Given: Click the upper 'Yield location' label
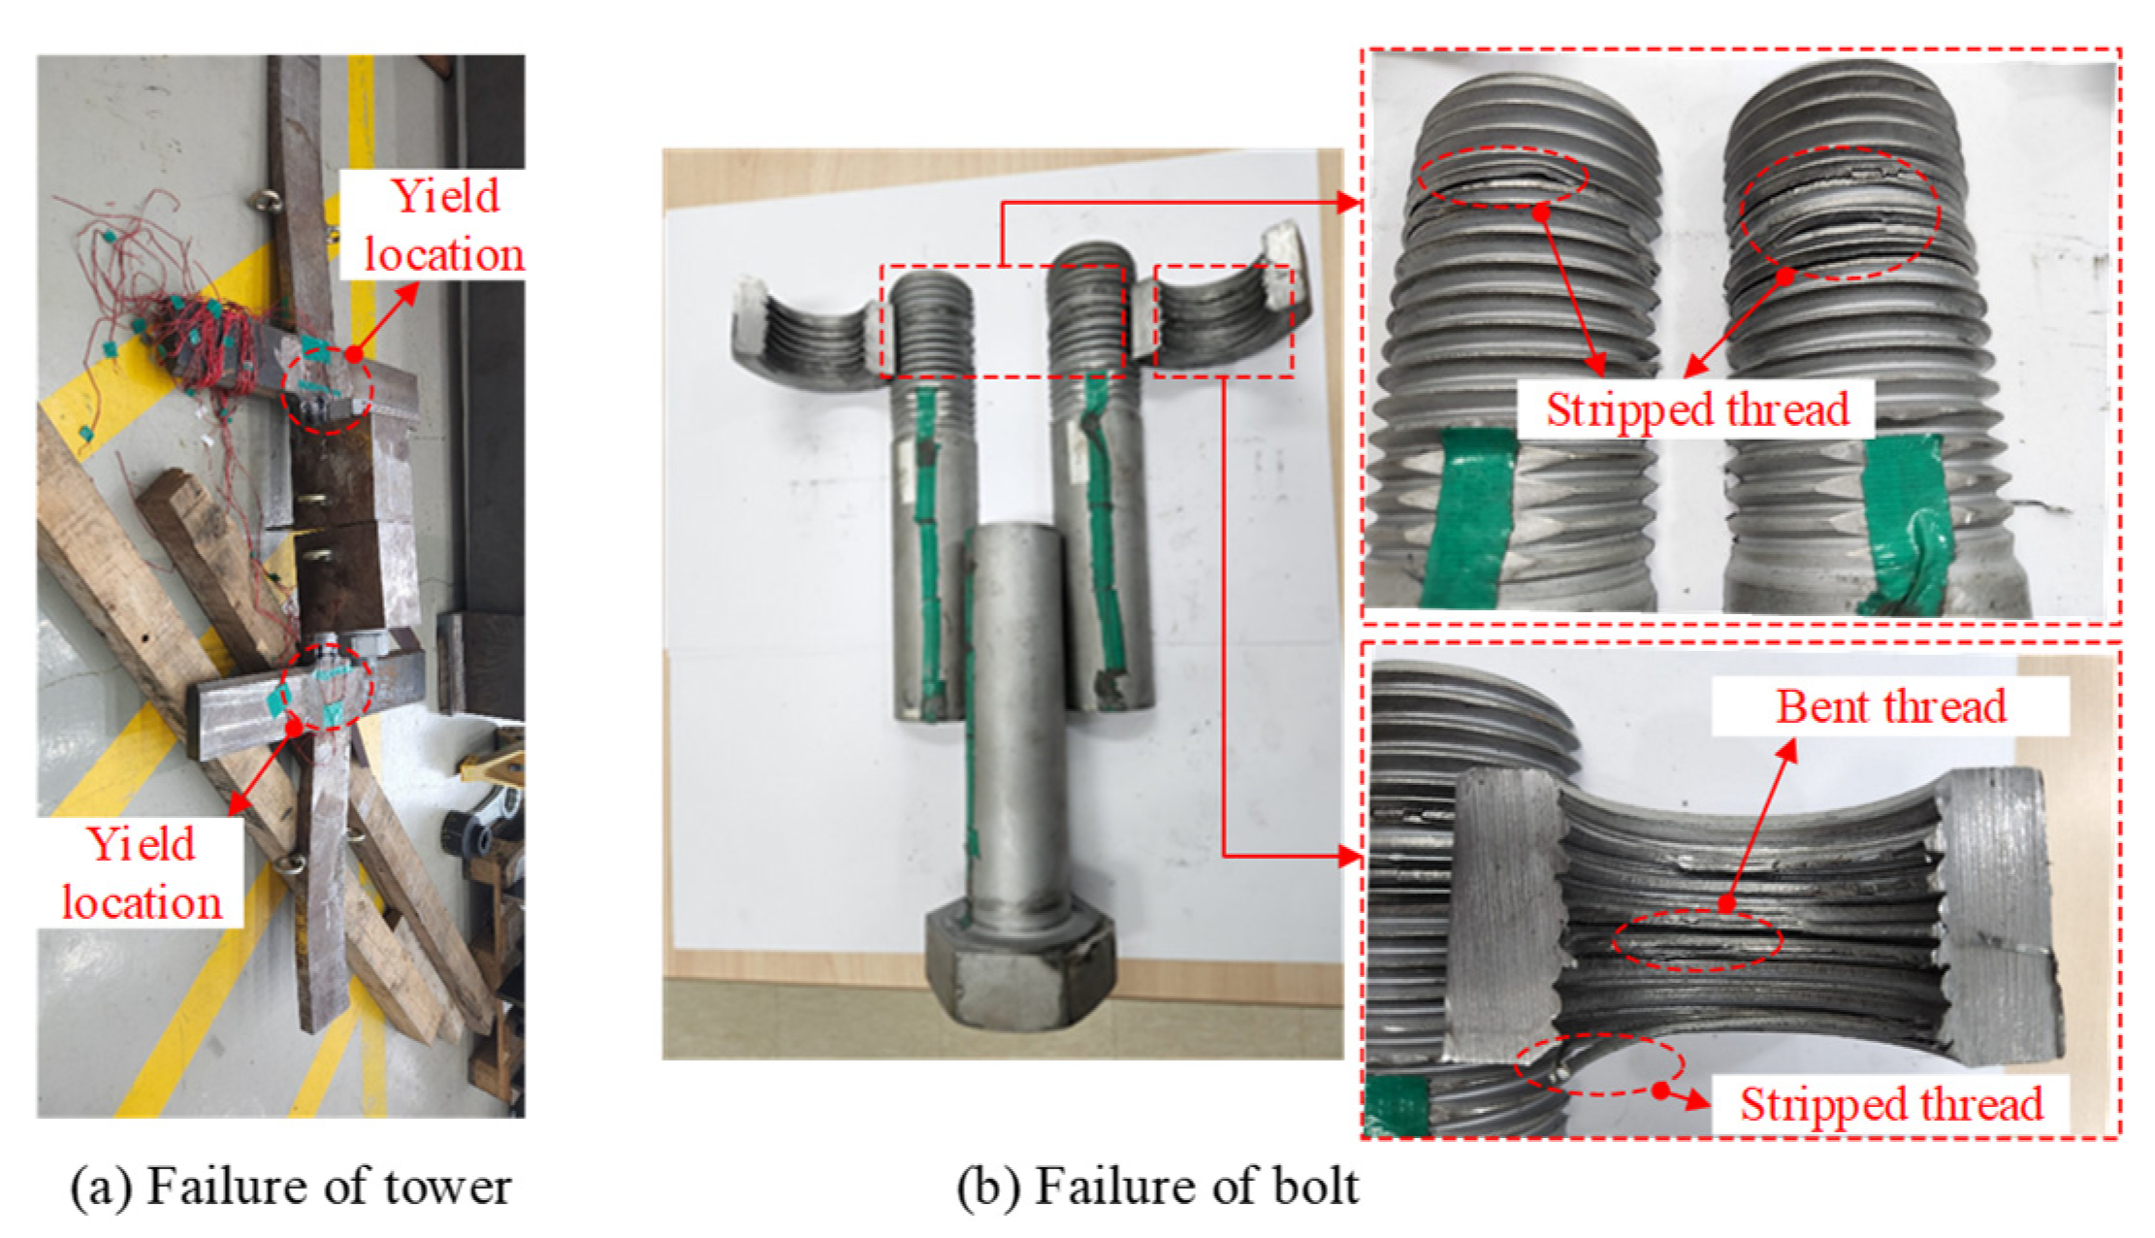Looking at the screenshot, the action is (442, 225).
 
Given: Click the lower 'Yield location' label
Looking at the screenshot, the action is (142, 873).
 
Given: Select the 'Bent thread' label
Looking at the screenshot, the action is (1890, 706).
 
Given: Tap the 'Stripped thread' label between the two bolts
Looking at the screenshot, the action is (1696, 408).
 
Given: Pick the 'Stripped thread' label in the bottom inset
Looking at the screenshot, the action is (1890, 1104).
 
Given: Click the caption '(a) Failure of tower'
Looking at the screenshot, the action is (291, 1186).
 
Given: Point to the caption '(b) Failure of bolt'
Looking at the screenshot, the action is (1158, 1186).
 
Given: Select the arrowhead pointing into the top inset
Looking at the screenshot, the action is (1349, 202).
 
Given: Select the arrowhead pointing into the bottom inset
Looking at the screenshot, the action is (1349, 856).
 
